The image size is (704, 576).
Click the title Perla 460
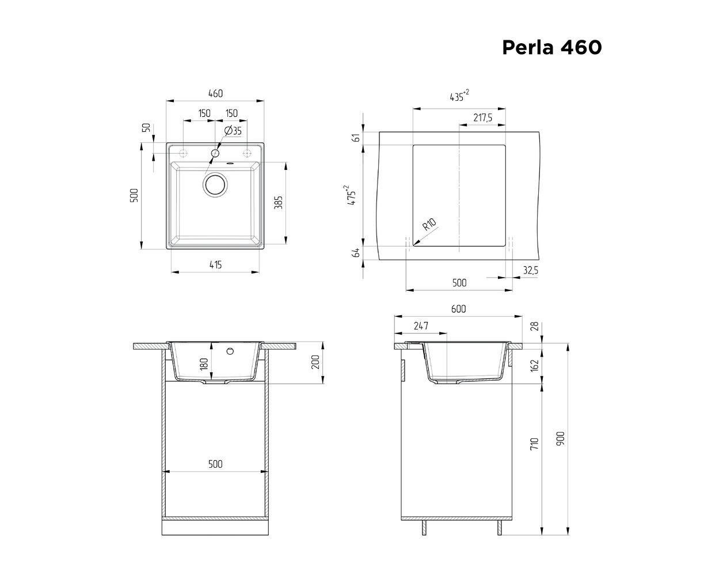coord(551,47)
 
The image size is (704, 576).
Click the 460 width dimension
coord(215,93)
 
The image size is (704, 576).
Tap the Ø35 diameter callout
coord(233,131)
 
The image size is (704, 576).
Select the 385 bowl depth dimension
coord(278,203)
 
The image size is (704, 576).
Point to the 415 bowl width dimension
coord(215,264)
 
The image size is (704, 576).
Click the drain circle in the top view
coord(215,185)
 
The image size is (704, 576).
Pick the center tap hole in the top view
coord(215,153)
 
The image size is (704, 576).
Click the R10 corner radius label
coord(429,224)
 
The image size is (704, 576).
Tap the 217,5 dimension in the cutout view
coord(482,118)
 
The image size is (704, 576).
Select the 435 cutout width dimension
coord(459,96)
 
